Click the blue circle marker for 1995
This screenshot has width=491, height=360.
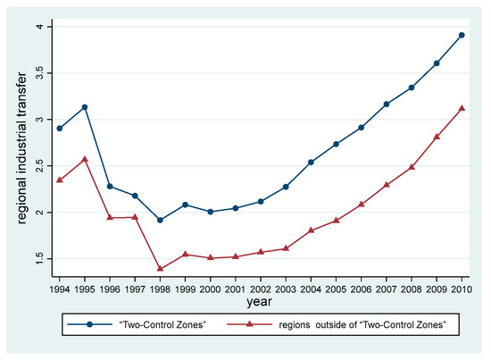tap(109, 107)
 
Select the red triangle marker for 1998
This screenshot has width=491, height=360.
tap(160, 268)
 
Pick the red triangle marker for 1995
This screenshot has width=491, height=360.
tap(109, 159)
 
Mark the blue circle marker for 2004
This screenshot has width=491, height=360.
tap(311, 162)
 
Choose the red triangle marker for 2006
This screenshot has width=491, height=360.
tap(361, 204)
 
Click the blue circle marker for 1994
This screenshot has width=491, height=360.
tap(84, 128)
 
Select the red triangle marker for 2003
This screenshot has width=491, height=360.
tap(286, 247)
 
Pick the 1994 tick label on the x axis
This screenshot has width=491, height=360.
tap(84, 290)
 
